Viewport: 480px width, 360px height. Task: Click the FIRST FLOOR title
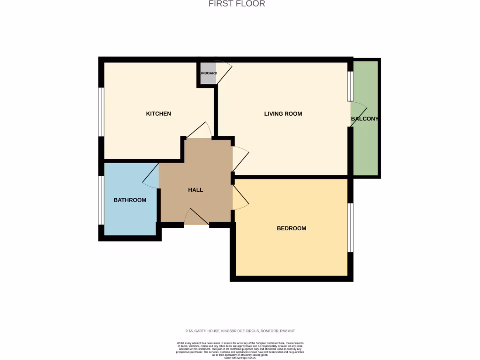coord(237,4)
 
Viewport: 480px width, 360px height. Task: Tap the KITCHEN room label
coord(158,114)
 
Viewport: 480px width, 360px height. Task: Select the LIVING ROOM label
coord(283,114)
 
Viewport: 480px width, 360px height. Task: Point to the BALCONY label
coord(364,119)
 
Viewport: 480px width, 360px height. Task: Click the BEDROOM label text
coord(291,228)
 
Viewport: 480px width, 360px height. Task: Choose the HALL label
coord(195,190)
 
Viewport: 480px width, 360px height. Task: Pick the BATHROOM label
coord(130,200)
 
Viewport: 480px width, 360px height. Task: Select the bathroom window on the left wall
coord(101,200)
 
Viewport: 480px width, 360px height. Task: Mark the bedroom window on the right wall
coord(350,228)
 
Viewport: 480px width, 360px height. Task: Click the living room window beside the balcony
coord(350,86)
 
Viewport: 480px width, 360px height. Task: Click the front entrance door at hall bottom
coord(196,217)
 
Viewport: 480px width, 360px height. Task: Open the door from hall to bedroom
coord(240,197)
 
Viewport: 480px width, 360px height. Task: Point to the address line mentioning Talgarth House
coord(240,331)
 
